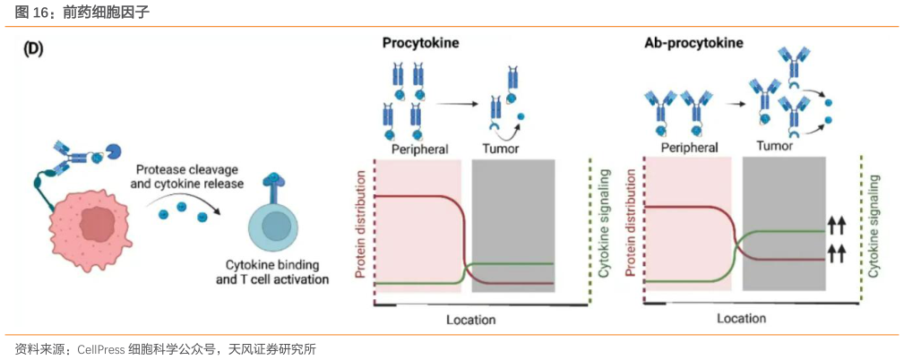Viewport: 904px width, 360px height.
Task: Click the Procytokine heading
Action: coord(420,43)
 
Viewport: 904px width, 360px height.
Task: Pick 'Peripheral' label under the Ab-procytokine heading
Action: coord(689,147)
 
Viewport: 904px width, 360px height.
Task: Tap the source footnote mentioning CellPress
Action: coord(166,347)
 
